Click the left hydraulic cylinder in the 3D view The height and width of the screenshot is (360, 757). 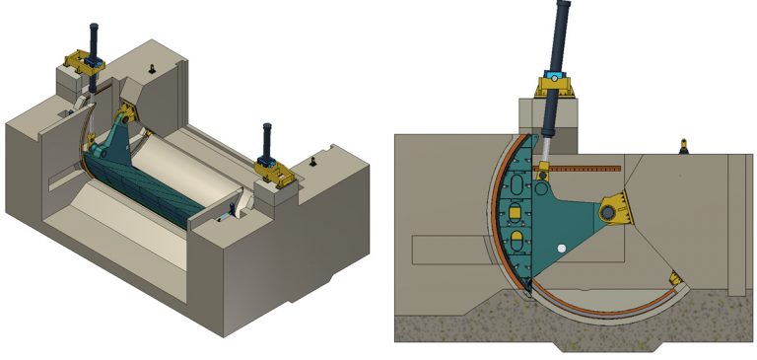(94, 39)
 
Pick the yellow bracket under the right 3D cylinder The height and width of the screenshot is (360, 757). (274, 173)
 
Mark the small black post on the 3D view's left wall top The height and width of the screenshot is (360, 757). (153, 68)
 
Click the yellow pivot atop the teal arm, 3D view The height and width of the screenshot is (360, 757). (127, 109)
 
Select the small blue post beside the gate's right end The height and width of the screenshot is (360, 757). (232, 208)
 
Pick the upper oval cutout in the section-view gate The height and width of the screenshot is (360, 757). (517, 209)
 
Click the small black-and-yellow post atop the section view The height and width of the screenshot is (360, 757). (683, 147)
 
